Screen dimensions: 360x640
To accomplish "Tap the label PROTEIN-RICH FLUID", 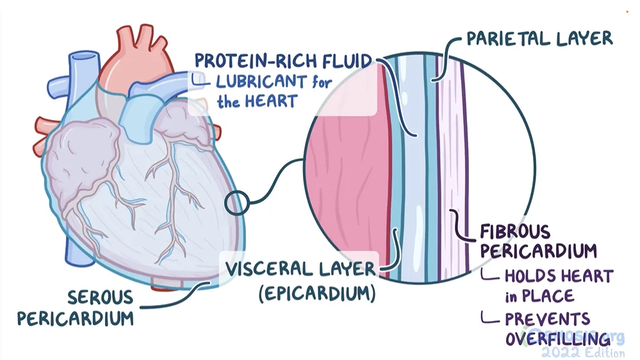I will pos(284,61).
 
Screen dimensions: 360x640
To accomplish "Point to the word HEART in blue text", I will pos(272,101).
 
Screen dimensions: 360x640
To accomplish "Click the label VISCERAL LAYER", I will pos(300,269).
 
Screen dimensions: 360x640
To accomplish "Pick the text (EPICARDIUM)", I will pos(316,294).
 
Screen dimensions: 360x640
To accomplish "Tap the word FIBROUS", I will pos(514,231).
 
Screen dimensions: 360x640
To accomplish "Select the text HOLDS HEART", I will pos(559,277).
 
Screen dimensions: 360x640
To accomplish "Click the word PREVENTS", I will pos(548,319).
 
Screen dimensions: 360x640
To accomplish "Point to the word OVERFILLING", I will pos(557,339).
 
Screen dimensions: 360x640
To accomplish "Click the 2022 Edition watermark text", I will pos(582,352).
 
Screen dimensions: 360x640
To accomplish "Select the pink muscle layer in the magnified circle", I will pos(346,192).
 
